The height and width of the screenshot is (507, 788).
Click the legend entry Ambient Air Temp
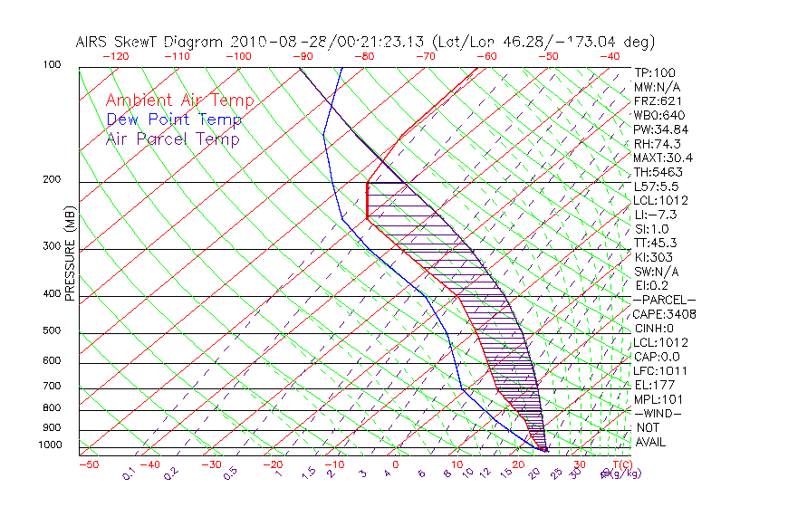(x=179, y=101)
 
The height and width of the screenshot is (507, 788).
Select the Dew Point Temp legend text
(x=174, y=120)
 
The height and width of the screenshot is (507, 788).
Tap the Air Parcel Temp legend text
(x=172, y=139)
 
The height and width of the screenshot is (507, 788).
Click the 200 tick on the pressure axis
(x=52, y=180)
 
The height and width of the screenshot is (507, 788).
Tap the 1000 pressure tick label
(x=50, y=445)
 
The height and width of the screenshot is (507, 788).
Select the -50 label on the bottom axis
(x=88, y=465)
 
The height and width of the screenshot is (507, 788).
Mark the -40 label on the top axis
(x=610, y=56)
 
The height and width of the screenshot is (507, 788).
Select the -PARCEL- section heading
(x=664, y=300)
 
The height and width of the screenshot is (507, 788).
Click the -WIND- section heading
(x=658, y=413)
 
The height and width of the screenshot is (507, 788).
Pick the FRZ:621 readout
(x=656, y=101)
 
